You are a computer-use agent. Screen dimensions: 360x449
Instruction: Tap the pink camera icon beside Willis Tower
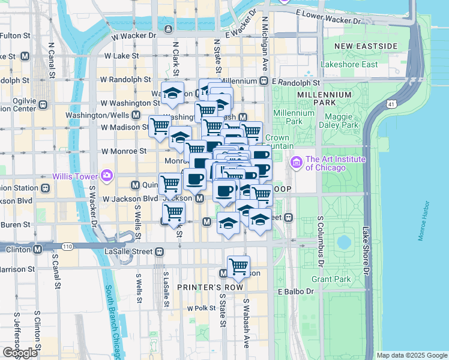107,175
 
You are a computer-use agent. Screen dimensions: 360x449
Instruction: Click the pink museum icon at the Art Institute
296,163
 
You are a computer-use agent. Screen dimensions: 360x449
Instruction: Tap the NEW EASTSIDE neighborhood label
366,46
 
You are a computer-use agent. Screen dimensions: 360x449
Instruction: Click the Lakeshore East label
349,64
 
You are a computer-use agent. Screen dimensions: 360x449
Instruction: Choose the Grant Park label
331,279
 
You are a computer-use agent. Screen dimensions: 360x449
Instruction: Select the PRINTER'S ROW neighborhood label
209,287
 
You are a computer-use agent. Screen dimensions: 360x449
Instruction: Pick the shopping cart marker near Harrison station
238,266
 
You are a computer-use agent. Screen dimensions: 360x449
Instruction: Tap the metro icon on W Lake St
25,56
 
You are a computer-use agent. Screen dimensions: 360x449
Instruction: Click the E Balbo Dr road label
295,292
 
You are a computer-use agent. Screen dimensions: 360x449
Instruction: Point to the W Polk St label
200,308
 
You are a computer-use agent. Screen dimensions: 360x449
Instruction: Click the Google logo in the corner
20,353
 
